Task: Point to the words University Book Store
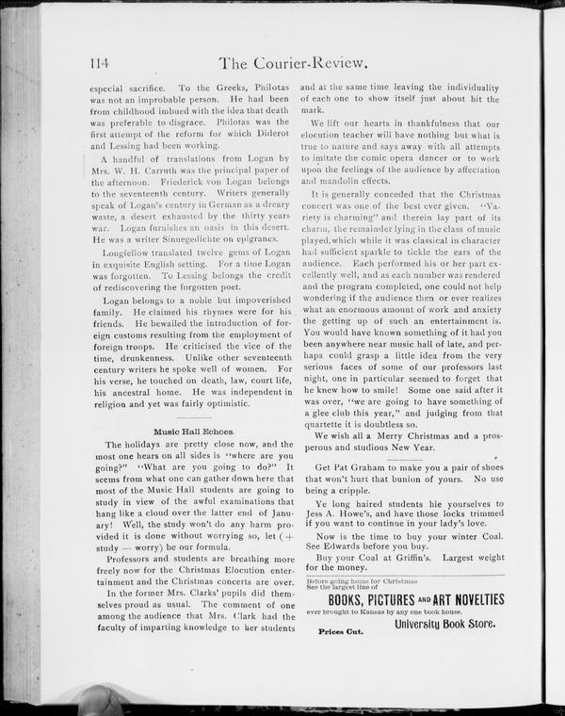pos(444,624)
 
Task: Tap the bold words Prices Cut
pos(340,632)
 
